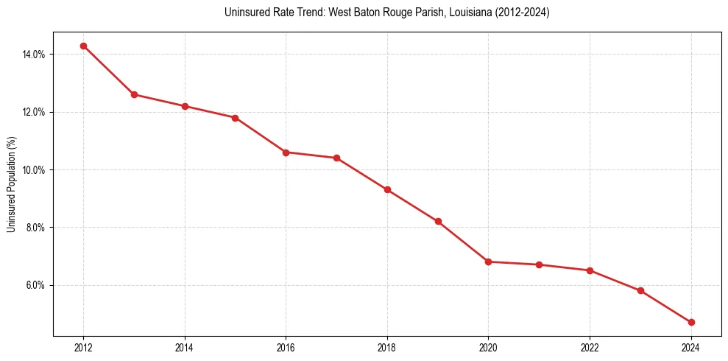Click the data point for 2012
coord(83,46)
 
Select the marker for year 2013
coord(134,94)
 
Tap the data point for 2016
coord(286,153)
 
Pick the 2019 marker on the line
coord(438,222)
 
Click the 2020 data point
coord(489,262)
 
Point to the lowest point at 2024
coord(691,323)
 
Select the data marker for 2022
coord(590,270)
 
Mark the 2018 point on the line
coord(387,190)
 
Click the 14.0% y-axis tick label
coord(35,55)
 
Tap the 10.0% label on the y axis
coord(35,170)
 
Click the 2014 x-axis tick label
coord(185,348)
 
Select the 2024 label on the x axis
coord(691,348)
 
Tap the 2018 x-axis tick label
coord(387,348)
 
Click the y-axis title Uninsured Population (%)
coord(11,184)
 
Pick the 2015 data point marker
coord(235,118)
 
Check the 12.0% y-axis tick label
coord(35,112)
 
